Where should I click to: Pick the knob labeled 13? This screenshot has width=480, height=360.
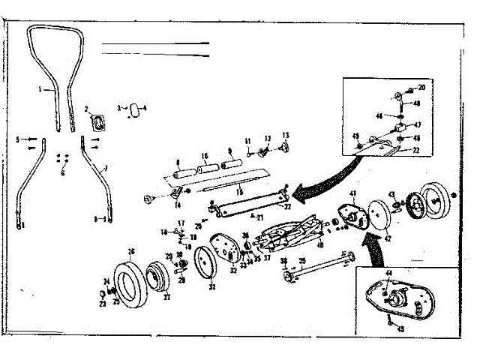(x=285, y=146)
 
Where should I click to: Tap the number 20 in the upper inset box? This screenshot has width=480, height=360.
(x=421, y=88)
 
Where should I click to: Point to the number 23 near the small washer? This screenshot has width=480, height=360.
(x=103, y=304)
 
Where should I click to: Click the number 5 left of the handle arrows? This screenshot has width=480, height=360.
(x=17, y=139)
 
